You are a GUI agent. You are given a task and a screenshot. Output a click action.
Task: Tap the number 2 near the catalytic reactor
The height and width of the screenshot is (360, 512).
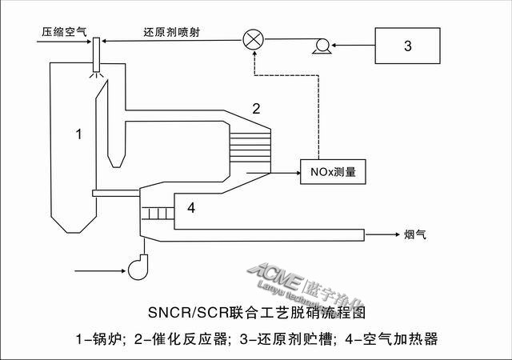(257, 107)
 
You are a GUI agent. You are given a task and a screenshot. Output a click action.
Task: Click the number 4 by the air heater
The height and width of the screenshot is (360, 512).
(190, 208)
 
